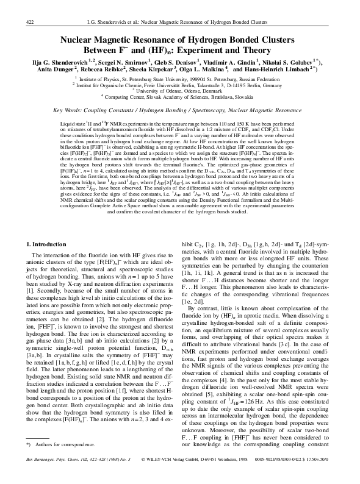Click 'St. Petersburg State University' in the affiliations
pos(144,79)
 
